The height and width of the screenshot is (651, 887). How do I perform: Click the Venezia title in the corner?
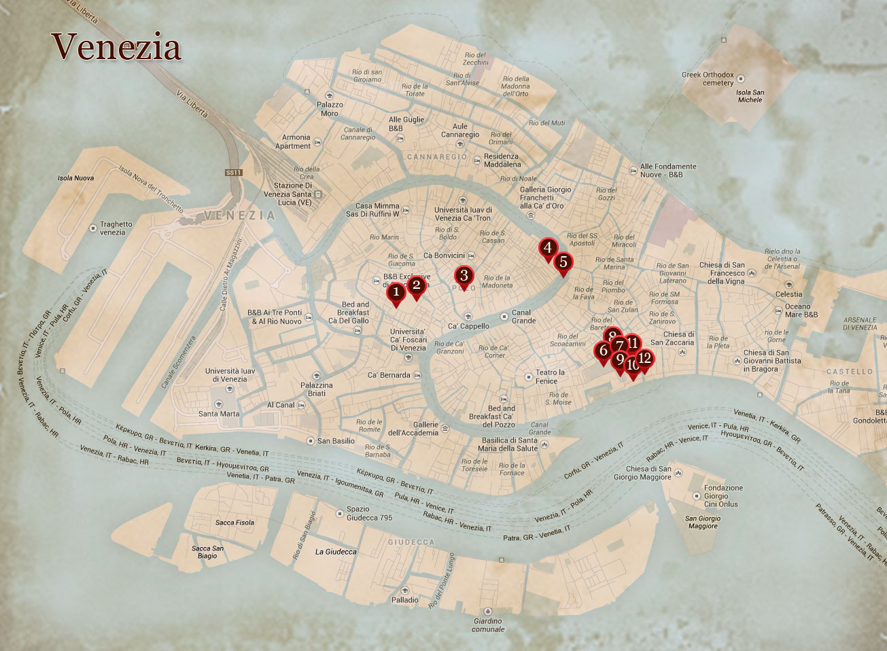117,48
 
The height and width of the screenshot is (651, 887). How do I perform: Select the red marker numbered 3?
464,276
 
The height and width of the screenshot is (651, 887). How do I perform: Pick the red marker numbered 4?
547,249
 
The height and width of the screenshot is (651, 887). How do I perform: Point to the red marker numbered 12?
645,358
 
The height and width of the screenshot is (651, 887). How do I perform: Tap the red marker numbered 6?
602,351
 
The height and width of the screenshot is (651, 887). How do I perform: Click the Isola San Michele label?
750,96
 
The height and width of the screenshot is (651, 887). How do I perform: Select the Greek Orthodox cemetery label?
708,79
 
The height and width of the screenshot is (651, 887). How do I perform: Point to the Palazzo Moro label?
330,109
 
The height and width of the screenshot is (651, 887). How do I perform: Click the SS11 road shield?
234,173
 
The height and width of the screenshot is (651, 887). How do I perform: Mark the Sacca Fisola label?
234,523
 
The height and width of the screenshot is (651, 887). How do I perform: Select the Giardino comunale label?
488,624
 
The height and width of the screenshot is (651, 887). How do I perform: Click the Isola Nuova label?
75,178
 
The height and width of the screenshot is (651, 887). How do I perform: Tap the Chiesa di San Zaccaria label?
679,338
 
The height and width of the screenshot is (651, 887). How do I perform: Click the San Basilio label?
336,441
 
